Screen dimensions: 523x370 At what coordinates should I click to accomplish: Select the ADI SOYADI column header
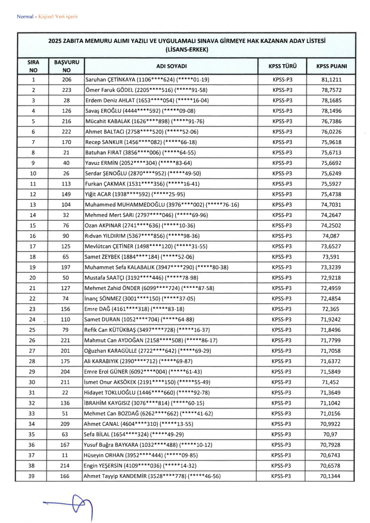pyautogui.click(x=171, y=66)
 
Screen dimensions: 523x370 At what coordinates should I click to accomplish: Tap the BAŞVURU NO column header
pyautogui.click(x=67, y=66)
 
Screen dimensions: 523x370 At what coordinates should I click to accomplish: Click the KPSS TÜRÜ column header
pyautogui.click(x=282, y=66)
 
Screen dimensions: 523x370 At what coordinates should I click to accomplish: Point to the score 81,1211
pyautogui.click(x=331, y=79)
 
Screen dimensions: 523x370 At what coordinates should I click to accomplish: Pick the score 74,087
pyautogui.click(x=331, y=235)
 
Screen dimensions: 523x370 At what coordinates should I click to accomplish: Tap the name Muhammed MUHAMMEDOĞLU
pyautogui.click(x=128, y=204)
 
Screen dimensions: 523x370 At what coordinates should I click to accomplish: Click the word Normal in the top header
pyautogui.click(x=25, y=17)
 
